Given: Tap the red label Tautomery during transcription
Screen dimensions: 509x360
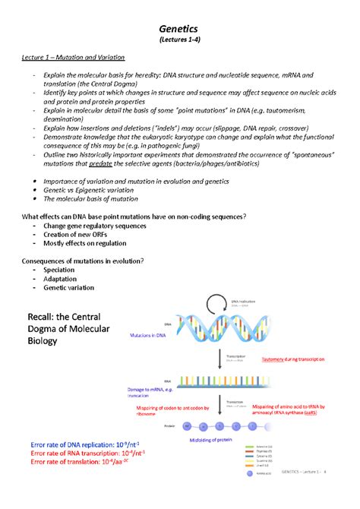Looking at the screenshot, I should click(292, 359).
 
